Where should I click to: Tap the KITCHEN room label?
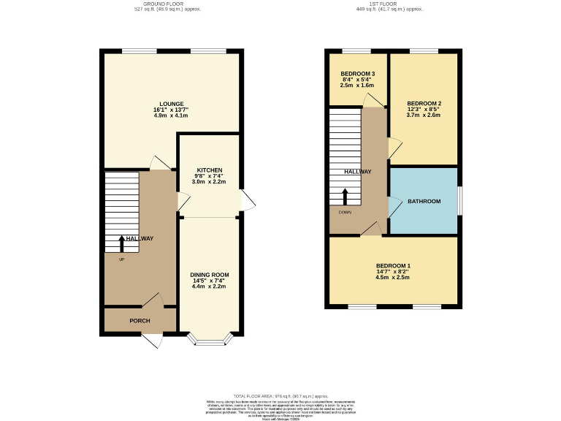[x=209, y=170]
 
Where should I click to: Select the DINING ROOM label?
[x=209, y=275]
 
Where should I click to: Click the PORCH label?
[x=140, y=320]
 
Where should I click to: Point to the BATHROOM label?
[x=424, y=201]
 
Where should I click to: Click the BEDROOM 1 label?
[x=393, y=265]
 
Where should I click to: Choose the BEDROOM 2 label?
[x=424, y=103]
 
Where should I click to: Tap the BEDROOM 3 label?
[x=358, y=74]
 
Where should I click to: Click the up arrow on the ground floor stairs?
[x=121, y=243]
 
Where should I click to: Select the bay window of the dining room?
[x=209, y=339]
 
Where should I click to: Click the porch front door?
[x=152, y=340]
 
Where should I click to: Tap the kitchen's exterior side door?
[x=249, y=200]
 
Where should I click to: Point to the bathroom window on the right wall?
[x=459, y=201]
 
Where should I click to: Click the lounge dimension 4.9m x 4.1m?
[x=172, y=115]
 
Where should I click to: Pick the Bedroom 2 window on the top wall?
[x=424, y=50]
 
